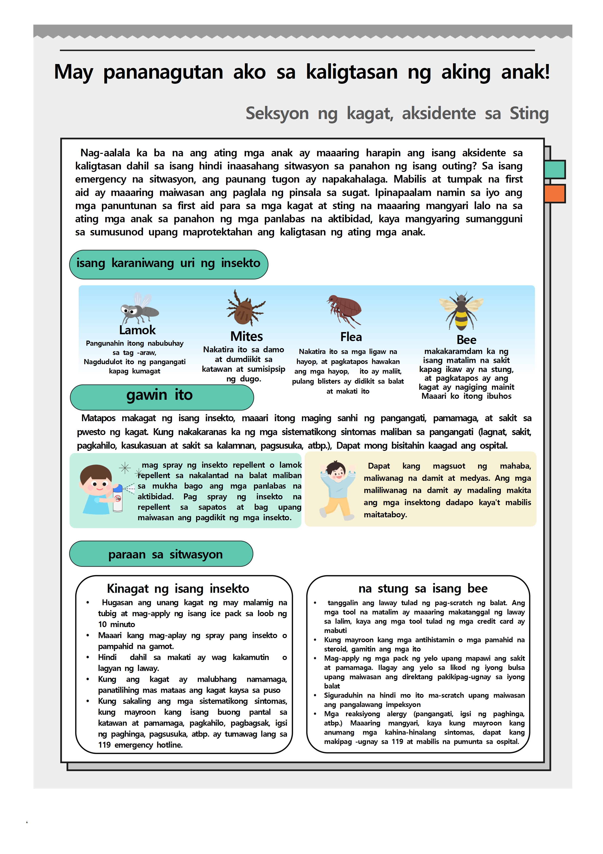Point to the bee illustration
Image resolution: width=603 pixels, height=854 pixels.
(x=461, y=311)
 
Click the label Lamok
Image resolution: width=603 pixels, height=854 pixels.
(x=137, y=330)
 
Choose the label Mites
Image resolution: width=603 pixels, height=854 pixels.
(x=246, y=336)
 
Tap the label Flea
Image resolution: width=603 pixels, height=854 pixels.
(x=351, y=337)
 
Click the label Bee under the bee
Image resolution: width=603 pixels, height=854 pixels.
(x=466, y=340)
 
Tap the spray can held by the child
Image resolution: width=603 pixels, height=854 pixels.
(x=117, y=498)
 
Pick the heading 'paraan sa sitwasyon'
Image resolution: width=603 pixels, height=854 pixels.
(x=165, y=554)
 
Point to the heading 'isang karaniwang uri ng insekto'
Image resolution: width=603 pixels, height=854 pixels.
(x=168, y=263)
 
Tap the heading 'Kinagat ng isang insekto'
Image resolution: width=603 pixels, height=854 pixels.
(x=178, y=588)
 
